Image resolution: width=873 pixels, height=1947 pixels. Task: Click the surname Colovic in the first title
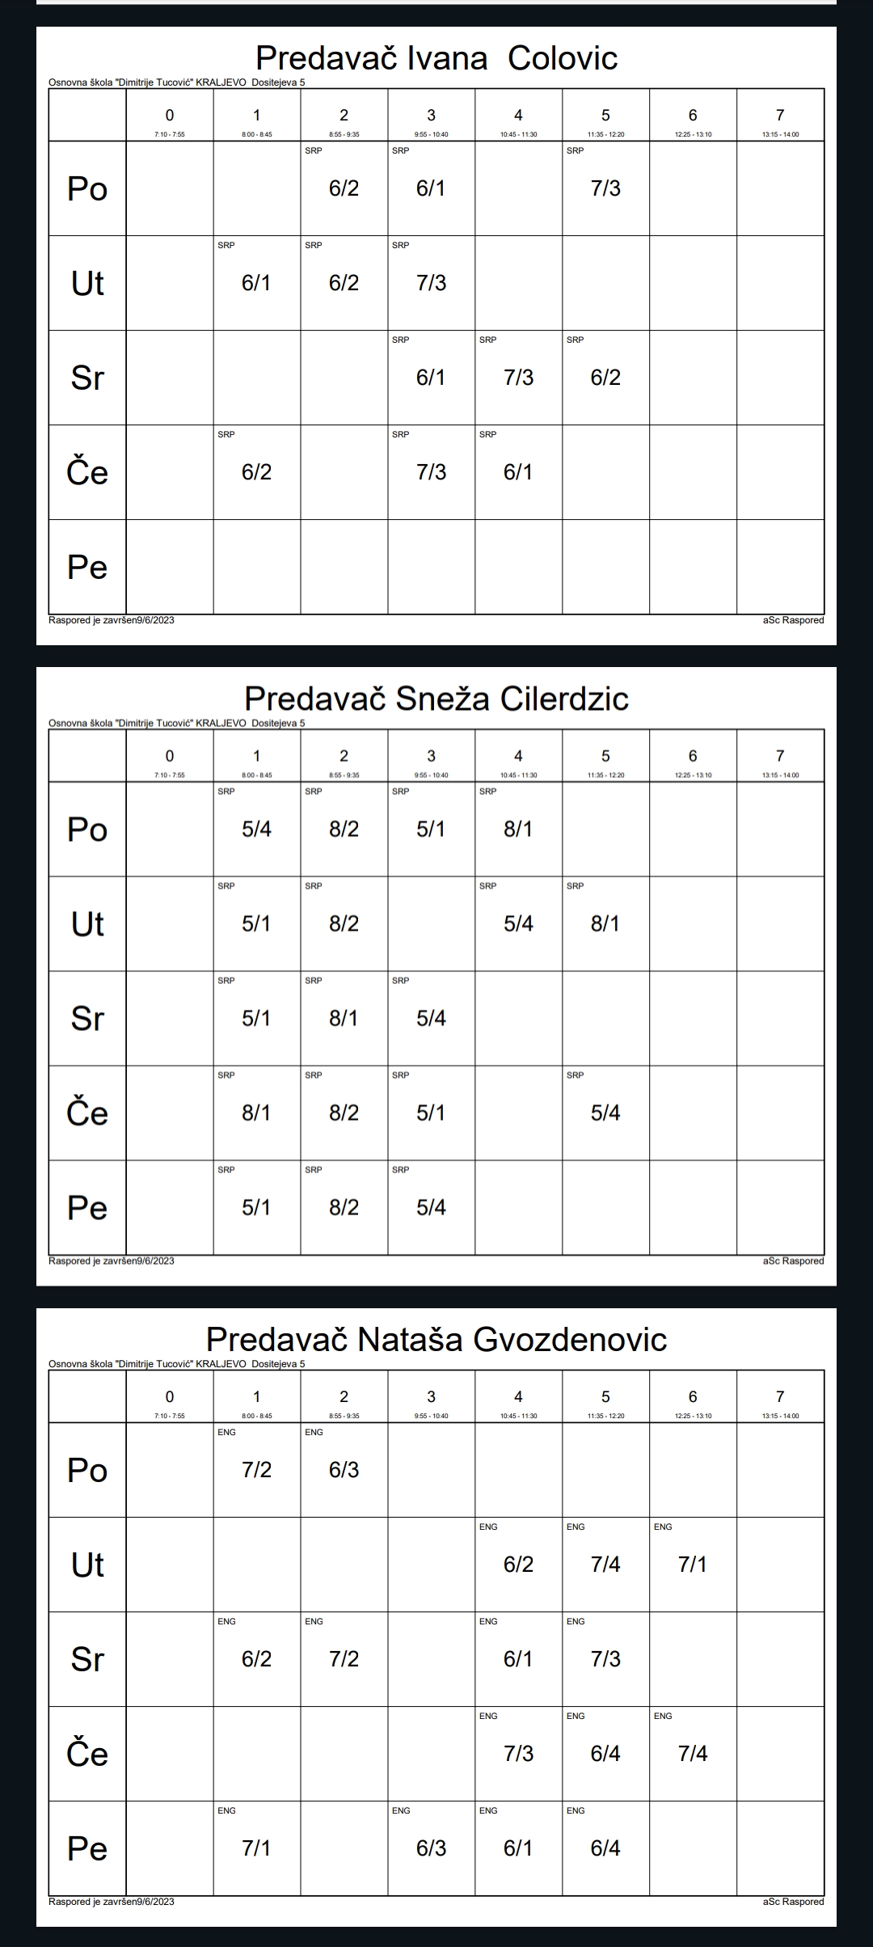(x=563, y=58)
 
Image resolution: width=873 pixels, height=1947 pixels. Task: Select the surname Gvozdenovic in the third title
(x=570, y=1340)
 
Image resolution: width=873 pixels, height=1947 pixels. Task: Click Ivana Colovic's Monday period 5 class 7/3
(x=605, y=188)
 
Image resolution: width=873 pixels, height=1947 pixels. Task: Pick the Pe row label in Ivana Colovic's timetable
(x=87, y=567)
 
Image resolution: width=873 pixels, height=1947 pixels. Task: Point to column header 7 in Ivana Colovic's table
(x=780, y=116)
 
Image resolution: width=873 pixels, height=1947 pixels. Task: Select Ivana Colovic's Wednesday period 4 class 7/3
(x=518, y=378)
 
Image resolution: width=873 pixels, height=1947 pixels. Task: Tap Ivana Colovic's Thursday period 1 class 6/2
(x=256, y=472)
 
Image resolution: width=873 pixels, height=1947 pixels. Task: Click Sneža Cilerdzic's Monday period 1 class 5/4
(x=256, y=829)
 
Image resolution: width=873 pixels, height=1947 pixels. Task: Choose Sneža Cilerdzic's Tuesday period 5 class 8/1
(x=605, y=923)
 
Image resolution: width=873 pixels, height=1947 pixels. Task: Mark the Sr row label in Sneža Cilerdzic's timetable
(x=87, y=1018)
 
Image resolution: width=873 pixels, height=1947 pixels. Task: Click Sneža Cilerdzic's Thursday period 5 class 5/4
(x=605, y=1113)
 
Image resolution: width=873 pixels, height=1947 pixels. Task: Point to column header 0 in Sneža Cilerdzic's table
(x=169, y=756)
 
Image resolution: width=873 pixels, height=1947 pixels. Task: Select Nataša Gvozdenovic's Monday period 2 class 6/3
(x=344, y=1470)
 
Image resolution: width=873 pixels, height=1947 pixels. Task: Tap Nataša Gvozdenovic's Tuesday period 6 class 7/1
(x=693, y=1565)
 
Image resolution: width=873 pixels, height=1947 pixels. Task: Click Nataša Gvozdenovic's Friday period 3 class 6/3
(x=431, y=1848)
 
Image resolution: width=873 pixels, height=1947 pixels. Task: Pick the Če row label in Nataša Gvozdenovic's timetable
(x=87, y=1754)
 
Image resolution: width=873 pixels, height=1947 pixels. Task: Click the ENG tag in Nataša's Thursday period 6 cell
(x=663, y=1716)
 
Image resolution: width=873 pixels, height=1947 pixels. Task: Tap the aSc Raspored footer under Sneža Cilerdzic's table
(x=793, y=1261)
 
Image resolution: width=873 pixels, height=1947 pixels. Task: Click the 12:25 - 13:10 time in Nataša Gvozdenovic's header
(x=693, y=1416)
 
